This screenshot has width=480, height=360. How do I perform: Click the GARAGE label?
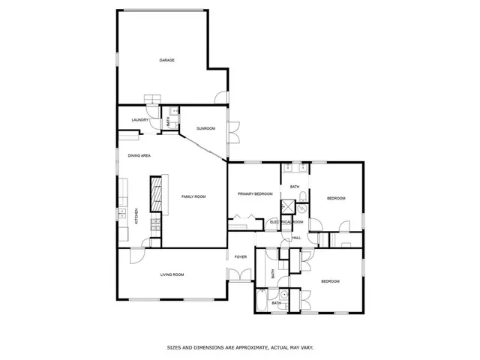166,60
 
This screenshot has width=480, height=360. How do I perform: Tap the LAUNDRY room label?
139,120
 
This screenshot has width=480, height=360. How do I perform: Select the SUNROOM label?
205,129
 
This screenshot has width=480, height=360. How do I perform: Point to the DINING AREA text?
139,155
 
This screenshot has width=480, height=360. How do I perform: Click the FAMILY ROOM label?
193,196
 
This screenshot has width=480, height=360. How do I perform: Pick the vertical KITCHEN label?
136,216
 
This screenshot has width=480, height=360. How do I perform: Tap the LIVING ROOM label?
172,274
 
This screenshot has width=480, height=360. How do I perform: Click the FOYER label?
241,257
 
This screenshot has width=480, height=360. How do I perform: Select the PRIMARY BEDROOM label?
255,194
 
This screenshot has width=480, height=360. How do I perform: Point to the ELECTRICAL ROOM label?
286,222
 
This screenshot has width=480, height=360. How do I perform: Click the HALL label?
296,238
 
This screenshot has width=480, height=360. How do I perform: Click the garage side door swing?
218,96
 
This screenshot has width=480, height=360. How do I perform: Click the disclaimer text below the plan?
239,347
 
